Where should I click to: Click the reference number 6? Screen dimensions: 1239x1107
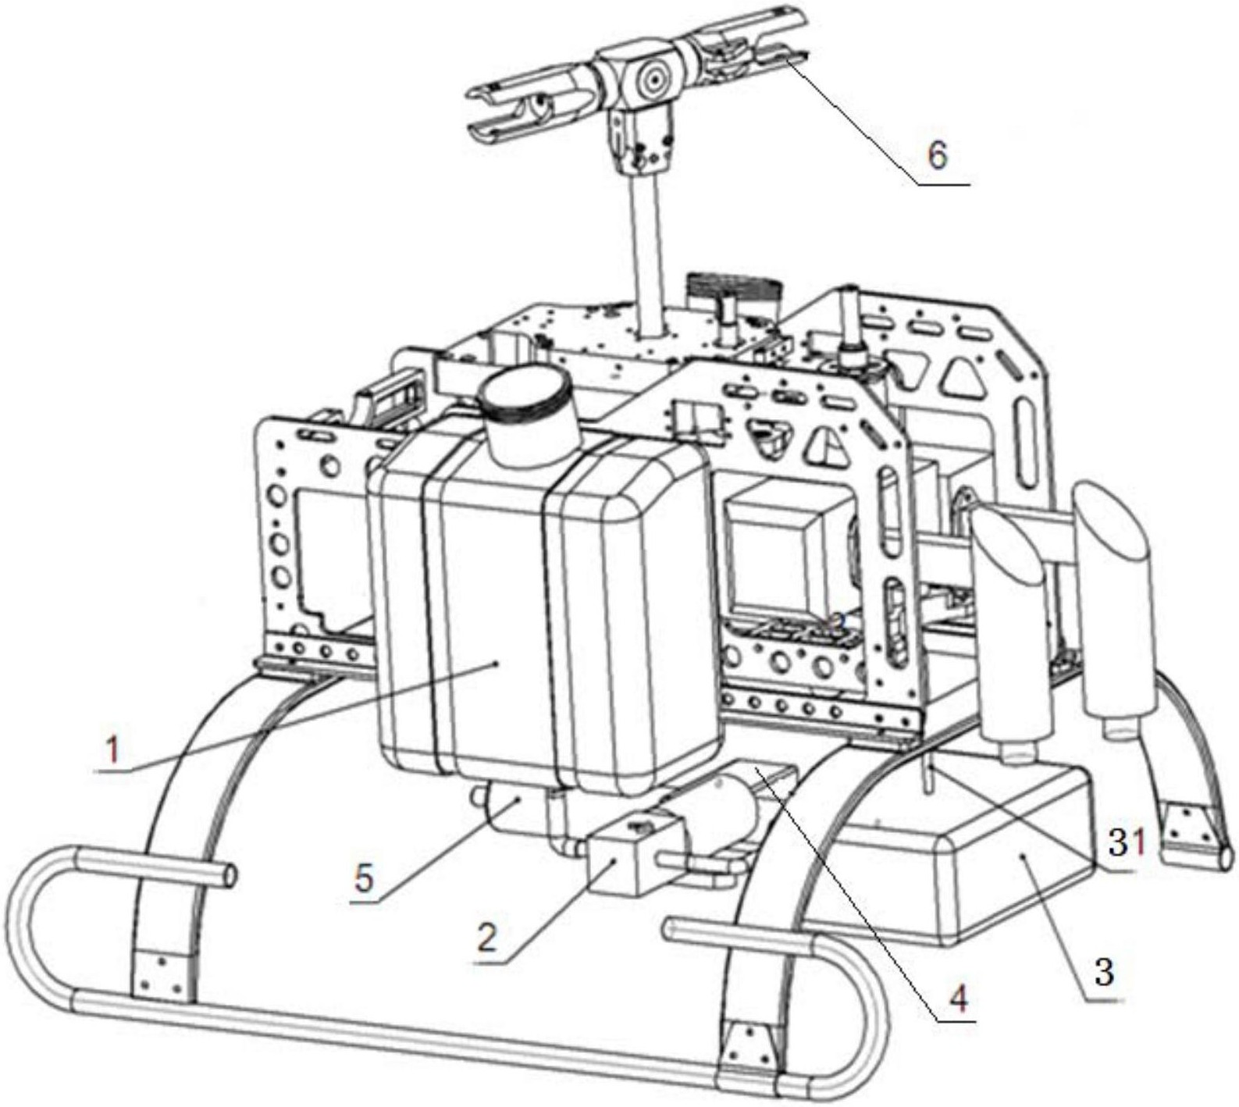pyautogui.click(x=937, y=155)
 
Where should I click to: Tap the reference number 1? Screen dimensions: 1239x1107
pyautogui.click(x=113, y=750)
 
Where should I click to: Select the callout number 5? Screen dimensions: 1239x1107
pyautogui.click(x=364, y=879)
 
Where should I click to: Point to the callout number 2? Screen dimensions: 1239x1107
pyautogui.click(x=487, y=938)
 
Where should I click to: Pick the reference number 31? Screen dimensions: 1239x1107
pyautogui.click(x=1127, y=843)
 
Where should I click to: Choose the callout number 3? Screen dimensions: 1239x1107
pyautogui.click(x=1103, y=972)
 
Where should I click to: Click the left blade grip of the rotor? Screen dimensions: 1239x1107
pyautogui.click(x=531, y=109)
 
